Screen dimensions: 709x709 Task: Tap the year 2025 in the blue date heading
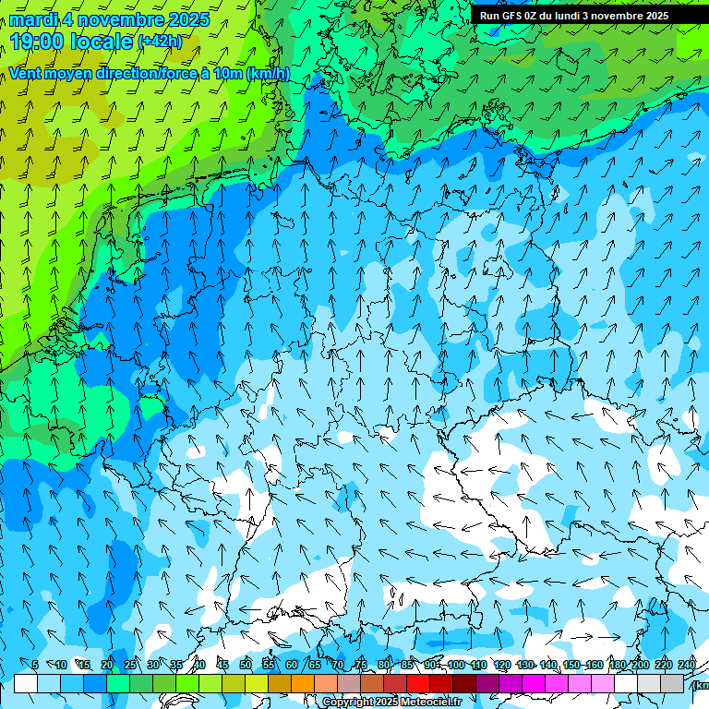(x=188, y=19)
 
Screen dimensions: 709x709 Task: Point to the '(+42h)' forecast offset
(x=159, y=41)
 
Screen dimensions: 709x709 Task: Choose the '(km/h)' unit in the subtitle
(x=268, y=74)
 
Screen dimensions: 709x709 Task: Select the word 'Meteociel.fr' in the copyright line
(x=431, y=703)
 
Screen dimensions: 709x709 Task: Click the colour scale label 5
(x=35, y=666)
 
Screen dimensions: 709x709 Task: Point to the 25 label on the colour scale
(x=129, y=666)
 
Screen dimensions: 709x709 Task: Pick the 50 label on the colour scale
(x=246, y=666)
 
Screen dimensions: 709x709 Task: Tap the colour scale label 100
(x=455, y=666)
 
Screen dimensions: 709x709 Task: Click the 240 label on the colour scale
(x=686, y=666)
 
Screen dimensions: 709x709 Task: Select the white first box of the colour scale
(x=26, y=683)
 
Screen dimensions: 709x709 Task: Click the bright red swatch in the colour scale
(x=418, y=683)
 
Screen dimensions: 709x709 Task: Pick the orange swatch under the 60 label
(x=303, y=683)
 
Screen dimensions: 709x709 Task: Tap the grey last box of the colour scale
(x=672, y=683)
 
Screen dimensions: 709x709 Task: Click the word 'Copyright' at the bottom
(x=347, y=703)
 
